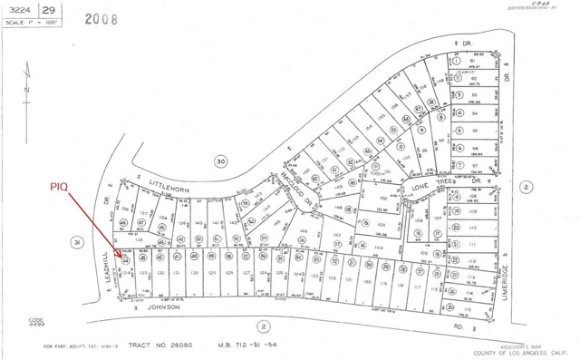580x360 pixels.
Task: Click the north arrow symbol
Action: [28, 91]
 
